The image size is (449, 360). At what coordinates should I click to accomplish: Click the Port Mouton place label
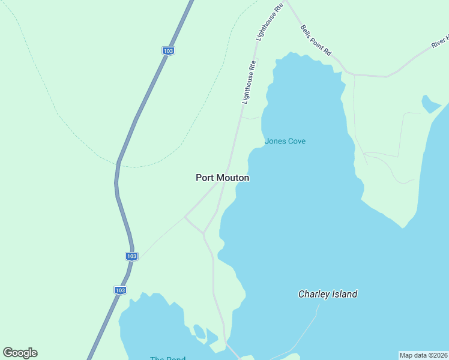[222, 178]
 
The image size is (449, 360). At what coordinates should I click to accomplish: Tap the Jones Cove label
[285, 142]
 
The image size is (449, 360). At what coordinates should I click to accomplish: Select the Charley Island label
[328, 294]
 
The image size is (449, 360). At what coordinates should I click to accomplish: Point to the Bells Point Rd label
[316, 40]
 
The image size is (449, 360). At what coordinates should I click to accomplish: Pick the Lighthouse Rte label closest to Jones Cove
[249, 82]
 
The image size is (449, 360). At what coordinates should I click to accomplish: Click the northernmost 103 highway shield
[168, 51]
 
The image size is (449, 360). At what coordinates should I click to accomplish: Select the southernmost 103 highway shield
[120, 290]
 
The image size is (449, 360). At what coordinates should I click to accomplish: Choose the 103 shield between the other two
[132, 256]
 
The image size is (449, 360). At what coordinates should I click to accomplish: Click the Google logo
[20, 353]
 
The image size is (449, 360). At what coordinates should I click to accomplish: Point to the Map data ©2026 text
[423, 355]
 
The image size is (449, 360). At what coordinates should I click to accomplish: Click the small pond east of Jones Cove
[430, 105]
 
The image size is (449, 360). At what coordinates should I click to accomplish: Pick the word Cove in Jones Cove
[296, 142]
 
